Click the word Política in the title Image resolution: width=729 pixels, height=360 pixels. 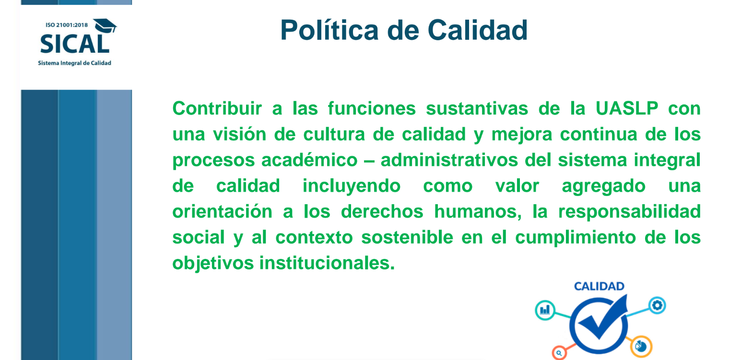point(329,30)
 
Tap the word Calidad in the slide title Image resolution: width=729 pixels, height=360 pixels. point(477,30)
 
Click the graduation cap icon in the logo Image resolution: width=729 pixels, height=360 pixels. point(105,26)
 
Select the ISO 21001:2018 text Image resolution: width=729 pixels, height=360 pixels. point(67,25)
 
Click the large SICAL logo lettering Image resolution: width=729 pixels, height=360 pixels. point(74,44)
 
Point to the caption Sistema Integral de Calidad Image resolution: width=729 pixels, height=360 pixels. point(74,63)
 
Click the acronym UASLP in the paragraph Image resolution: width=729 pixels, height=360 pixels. point(627,108)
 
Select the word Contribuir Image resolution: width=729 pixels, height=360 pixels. point(217,108)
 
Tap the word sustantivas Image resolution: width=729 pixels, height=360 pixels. point(477,108)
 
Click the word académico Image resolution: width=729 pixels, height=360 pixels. point(309,160)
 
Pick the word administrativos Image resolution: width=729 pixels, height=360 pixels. point(449,160)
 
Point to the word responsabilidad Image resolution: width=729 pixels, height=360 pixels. point(629,212)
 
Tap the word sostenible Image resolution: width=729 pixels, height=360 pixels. point(407,237)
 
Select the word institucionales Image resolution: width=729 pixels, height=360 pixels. point(327,263)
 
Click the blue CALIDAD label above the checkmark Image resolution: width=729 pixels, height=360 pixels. point(599,286)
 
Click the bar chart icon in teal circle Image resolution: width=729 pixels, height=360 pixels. point(545,310)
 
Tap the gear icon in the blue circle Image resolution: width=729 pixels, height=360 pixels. point(657,305)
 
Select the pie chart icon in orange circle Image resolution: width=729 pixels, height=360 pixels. point(641,346)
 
